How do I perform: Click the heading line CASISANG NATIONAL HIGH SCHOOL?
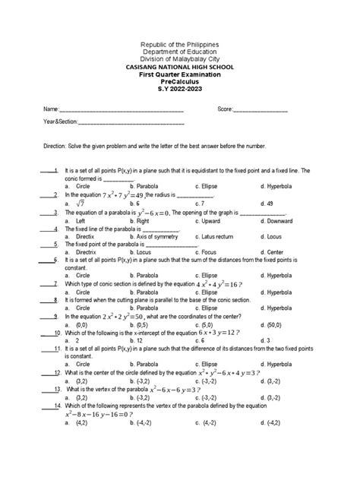(x=180, y=66)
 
